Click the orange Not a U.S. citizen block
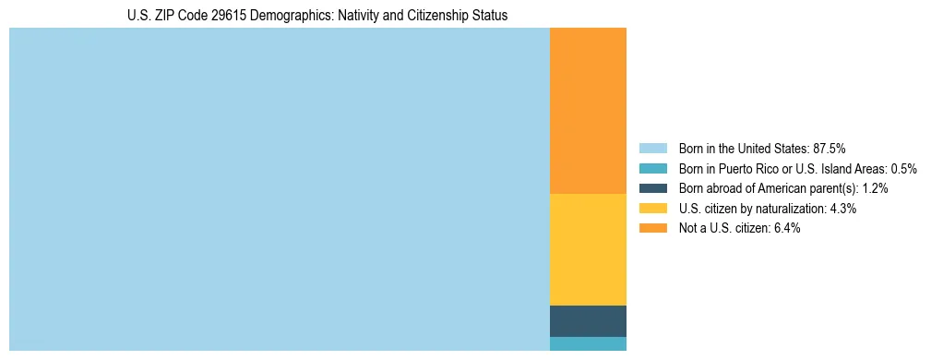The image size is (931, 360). coord(588,111)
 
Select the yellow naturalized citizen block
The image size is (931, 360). coord(588,249)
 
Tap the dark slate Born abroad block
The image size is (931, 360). coord(588,320)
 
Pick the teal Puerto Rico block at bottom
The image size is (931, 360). coord(588,343)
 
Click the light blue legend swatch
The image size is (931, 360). coord(652,148)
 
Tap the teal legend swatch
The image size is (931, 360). coord(652,168)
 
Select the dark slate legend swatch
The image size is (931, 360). coord(652,188)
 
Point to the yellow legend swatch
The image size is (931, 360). coord(652,209)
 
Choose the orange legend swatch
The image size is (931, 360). coord(652,229)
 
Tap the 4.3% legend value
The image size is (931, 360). coord(843,209)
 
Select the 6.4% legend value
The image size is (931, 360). coord(787,229)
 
